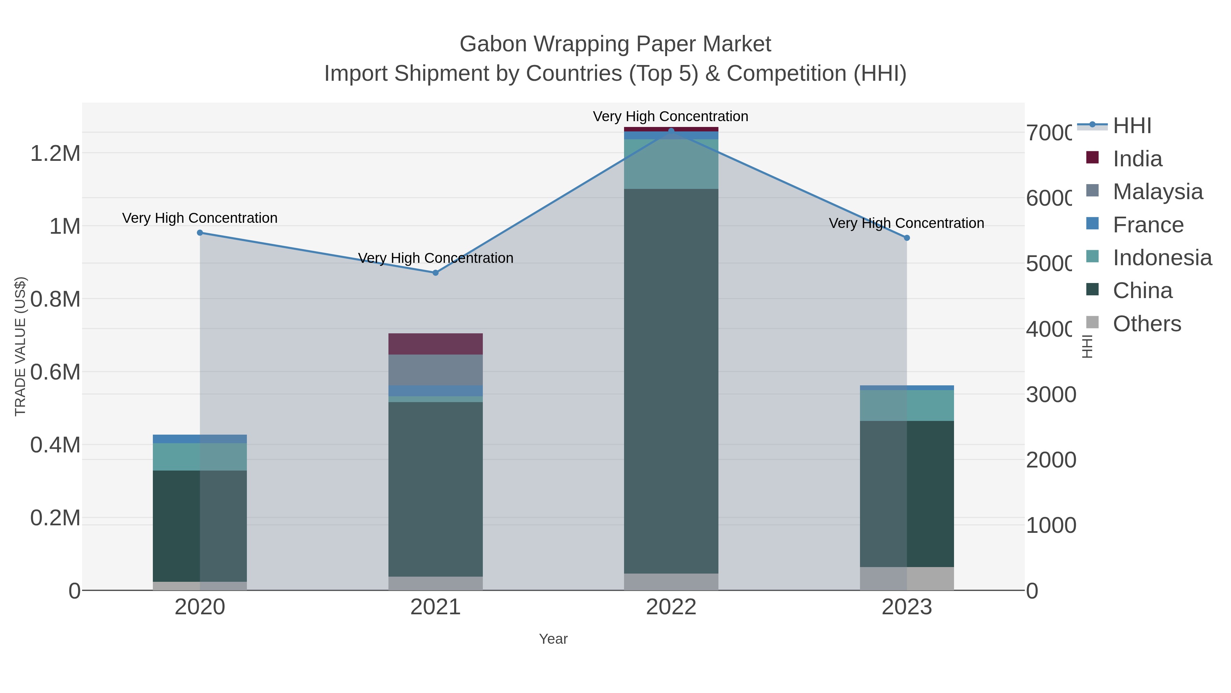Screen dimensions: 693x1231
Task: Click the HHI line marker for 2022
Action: pos(671,131)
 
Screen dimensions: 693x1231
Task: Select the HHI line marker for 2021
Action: pos(435,273)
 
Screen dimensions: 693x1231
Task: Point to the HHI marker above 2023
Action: pos(906,238)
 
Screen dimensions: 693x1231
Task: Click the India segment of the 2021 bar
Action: pos(435,344)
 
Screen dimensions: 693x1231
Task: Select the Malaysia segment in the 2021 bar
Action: pos(435,370)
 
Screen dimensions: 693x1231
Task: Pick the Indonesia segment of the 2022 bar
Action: pos(671,164)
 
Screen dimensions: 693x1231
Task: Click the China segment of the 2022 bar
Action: pos(671,381)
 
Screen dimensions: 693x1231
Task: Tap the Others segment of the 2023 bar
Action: pos(906,578)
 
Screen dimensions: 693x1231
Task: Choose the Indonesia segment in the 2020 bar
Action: pos(200,457)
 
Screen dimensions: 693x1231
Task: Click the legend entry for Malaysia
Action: pos(1157,192)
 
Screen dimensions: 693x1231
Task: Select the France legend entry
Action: pos(1148,225)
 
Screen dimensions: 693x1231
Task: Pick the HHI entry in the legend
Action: pos(1131,126)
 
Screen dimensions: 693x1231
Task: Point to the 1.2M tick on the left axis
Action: pos(55,154)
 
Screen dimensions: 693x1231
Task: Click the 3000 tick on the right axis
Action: pos(1051,395)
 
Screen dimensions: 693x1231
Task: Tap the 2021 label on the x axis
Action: pos(435,607)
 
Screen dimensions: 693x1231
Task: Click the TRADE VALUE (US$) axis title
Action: pos(20,346)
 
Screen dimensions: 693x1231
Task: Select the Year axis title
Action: pos(553,639)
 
